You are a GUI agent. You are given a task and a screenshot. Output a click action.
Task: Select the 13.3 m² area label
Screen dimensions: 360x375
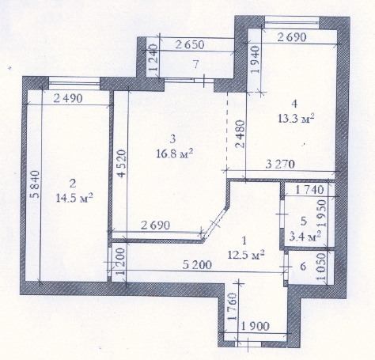click(x=297, y=119)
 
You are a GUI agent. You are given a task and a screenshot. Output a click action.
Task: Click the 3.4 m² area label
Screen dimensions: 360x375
click(x=304, y=236)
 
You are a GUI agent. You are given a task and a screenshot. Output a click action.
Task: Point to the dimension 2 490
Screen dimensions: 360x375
click(x=69, y=99)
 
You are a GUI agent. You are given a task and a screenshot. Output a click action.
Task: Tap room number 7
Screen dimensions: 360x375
click(x=195, y=63)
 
